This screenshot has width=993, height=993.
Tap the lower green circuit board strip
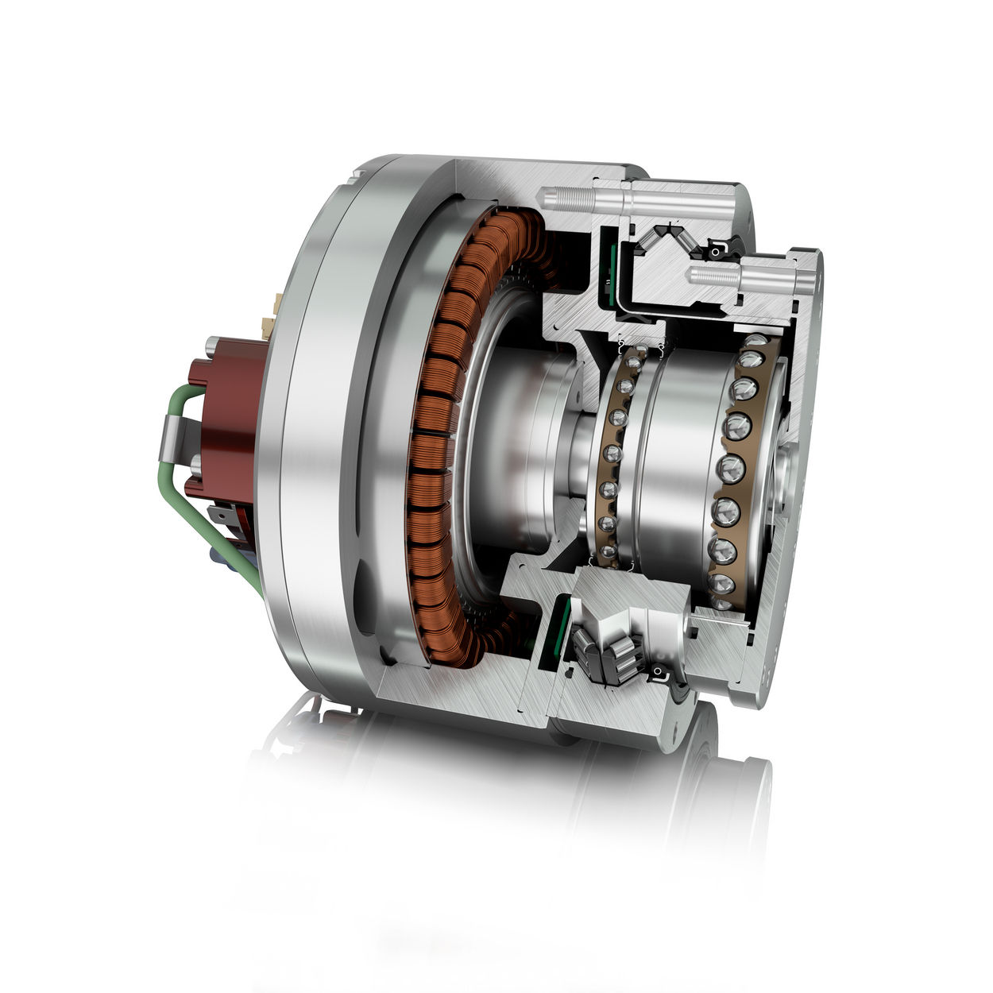(x=561, y=628)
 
